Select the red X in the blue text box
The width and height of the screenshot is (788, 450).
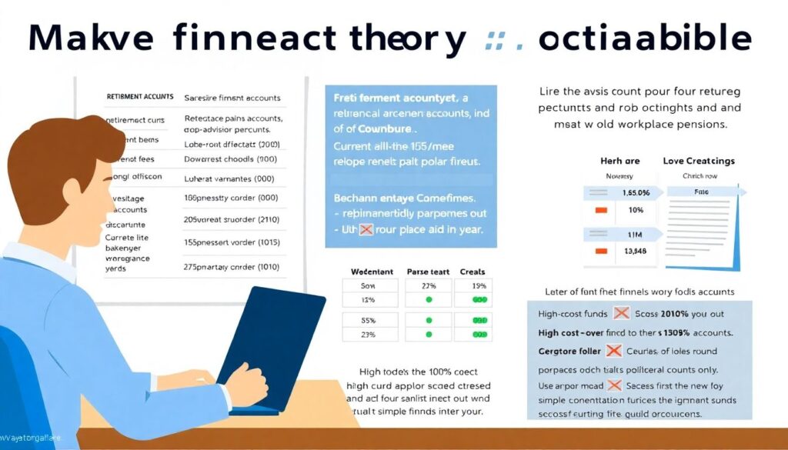[x=366, y=228]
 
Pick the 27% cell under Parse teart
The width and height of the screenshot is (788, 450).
[x=429, y=285]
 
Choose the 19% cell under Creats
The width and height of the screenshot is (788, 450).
[x=479, y=285]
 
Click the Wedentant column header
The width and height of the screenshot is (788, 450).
[x=372, y=272]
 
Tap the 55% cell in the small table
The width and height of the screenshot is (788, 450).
[x=368, y=320]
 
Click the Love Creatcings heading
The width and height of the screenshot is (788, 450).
[x=698, y=161]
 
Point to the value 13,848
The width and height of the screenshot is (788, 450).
[x=635, y=250]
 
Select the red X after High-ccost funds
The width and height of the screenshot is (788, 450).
[x=621, y=314]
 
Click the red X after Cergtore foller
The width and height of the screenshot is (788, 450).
[x=613, y=351]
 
